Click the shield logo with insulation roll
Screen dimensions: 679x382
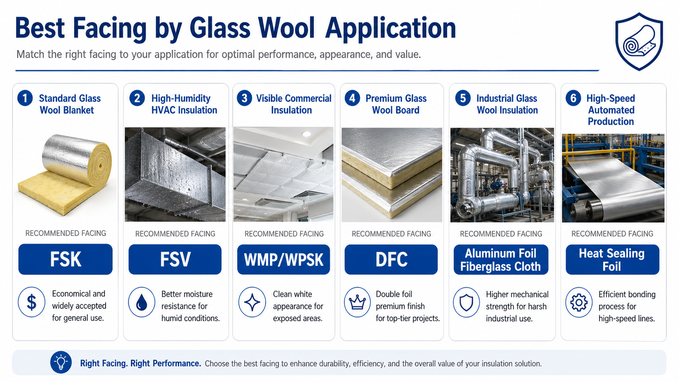(639, 41)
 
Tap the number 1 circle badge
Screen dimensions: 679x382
(25, 98)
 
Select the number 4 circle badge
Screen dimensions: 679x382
(352, 98)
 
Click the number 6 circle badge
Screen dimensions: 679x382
(573, 98)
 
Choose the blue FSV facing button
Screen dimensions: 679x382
(175, 259)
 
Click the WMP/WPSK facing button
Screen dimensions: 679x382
(283, 259)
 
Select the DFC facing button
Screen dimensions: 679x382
(391, 259)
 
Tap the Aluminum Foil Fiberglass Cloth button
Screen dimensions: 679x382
(501, 260)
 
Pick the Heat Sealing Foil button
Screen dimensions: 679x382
(612, 260)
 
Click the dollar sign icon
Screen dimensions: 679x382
(32, 302)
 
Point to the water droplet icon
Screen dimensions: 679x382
(142, 302)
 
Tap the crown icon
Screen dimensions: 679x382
(357, 302)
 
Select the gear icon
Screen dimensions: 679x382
(579, 302)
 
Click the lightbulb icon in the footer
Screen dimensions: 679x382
(61, 362)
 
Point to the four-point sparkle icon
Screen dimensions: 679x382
(252, 302)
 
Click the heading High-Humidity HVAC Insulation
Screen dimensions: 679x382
(184, 104)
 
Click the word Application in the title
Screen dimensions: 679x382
(390, 30)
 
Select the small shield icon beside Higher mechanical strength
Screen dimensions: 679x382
(467, 302)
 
